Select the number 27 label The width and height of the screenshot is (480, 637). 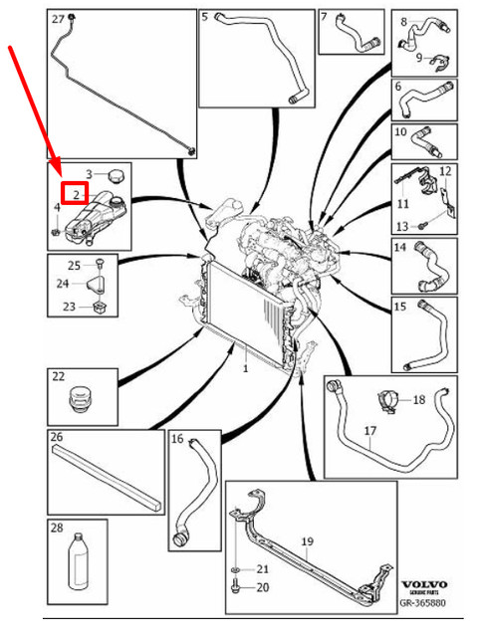coord(57,19)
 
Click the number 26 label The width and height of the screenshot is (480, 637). coord(57,437)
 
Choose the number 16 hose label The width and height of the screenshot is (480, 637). coord(177,439)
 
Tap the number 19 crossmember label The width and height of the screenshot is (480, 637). coord(308,541)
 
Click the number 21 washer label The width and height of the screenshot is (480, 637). coord(263,568)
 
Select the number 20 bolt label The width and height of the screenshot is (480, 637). coord(263,587)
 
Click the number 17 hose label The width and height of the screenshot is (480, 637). coord(369,431)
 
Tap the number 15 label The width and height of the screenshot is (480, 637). coord(399,307)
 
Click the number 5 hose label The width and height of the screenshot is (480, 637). coord(205,17)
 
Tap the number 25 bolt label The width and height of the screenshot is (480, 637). coord(74,265)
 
